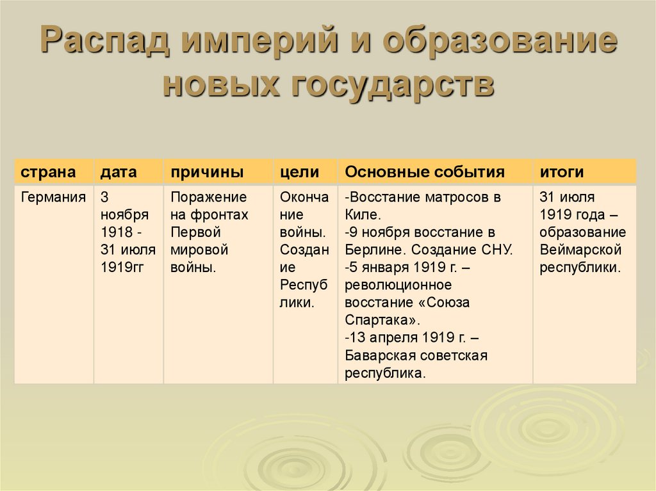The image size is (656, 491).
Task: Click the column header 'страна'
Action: click(x=49, y=172)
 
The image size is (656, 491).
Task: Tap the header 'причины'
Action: click(x=206, y=172)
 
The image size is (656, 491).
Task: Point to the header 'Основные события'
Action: click(x=425, y=172)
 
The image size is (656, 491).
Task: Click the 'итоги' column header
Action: click(x=561, y=172)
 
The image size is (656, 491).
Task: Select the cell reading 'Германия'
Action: click(x=53, y=197)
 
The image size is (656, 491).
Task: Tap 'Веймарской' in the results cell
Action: click(x=581, y=250)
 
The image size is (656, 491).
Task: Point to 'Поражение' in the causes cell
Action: click(x=208, y=197)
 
